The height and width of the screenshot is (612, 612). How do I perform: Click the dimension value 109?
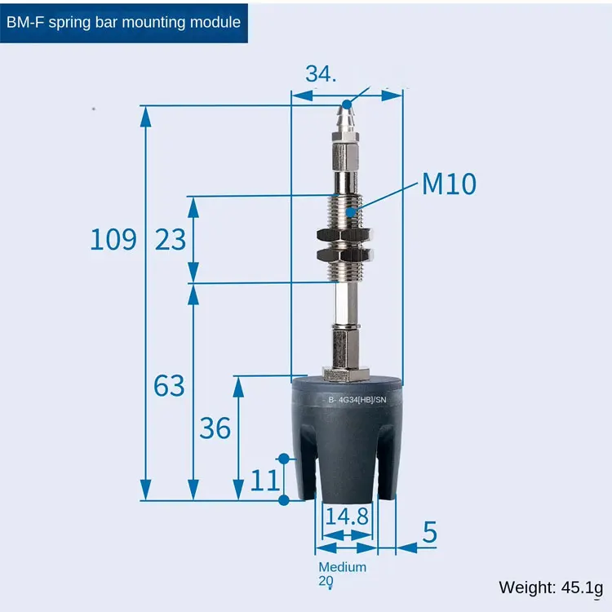click(x=113, y=239)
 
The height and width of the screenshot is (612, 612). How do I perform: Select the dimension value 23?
click(x=171, y=239)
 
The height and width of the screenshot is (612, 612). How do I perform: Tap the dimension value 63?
click(x=169, y=385)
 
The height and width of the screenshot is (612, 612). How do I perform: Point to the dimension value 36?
click(x=215, y=428)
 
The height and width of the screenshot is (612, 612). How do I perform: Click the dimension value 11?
click(x=264, y=480)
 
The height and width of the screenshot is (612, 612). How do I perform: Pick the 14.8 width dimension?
click(x=347, y=516)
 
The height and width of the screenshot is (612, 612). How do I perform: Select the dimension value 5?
click(x=430, y=532)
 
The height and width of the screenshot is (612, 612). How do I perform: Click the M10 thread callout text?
click(x=449, y=184)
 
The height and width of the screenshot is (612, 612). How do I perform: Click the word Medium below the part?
click(x=342, y=567)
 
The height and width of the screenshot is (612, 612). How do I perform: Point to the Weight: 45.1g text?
click(x=550, y=587)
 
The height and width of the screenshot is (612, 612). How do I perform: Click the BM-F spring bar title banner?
click(x=123, y=22)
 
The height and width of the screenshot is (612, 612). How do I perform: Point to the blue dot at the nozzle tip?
click(x=348, y=104)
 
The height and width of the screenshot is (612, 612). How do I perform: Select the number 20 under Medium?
click(x=326, y=582)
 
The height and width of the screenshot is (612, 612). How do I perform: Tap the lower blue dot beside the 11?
click(x=284, y=499)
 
